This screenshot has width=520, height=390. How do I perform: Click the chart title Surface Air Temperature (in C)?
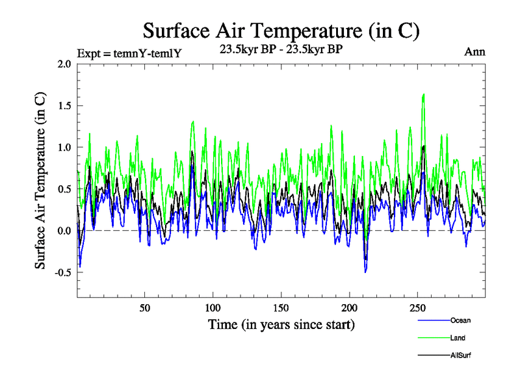[281, 31]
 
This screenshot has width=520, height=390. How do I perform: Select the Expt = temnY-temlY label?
[128, 53]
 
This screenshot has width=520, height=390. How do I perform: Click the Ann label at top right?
[475, 51]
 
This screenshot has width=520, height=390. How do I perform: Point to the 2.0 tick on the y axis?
[64, 64]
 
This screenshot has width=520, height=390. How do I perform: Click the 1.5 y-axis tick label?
[64, 106]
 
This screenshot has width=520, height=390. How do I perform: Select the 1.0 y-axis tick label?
[64, 148]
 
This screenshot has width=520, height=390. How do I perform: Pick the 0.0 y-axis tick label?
[64, 231]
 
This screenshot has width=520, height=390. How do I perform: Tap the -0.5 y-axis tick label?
[62, 272]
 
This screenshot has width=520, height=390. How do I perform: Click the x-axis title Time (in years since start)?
[281, 324]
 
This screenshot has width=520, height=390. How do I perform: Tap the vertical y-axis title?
[40, 181]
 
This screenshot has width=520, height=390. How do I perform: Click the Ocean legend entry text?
[460, 320]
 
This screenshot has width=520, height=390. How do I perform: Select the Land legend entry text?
[458, 338]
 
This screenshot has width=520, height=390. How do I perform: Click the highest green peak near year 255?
[424, 95]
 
